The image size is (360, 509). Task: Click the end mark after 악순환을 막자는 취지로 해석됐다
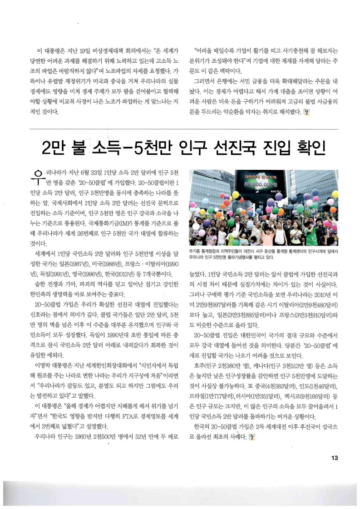(x=308, y=113)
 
